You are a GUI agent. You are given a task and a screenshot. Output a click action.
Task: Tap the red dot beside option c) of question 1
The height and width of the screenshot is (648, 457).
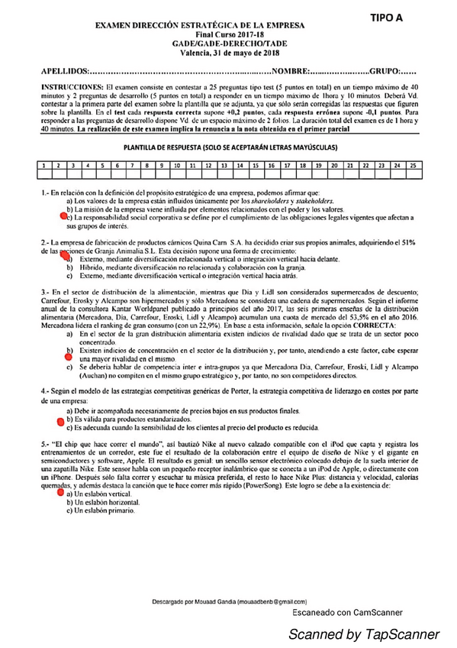(x=63, y=216)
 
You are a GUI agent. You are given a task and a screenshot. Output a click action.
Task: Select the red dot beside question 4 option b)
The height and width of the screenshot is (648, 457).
(x=61, y=419)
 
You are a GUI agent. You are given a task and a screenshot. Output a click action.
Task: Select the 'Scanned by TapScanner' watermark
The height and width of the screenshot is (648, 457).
(x=363, y=633)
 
